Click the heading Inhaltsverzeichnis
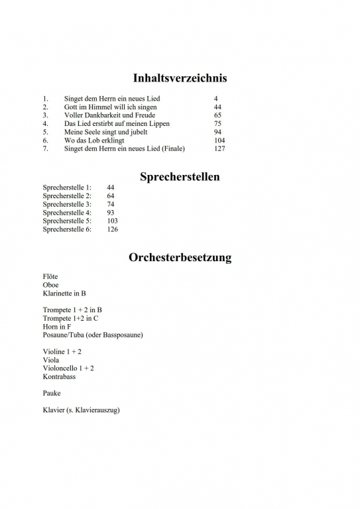180,78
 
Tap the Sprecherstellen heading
180,177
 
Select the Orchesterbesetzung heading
180,258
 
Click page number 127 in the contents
219,148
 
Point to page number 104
219,141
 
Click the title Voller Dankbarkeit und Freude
109,115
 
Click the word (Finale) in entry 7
170,148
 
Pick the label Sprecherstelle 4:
67,213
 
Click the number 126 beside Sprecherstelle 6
112,229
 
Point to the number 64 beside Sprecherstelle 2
111,196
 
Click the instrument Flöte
50,276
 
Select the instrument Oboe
50,285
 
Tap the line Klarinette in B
64,293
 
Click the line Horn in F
57,327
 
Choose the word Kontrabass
59,376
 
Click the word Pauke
52,393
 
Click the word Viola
51,360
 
